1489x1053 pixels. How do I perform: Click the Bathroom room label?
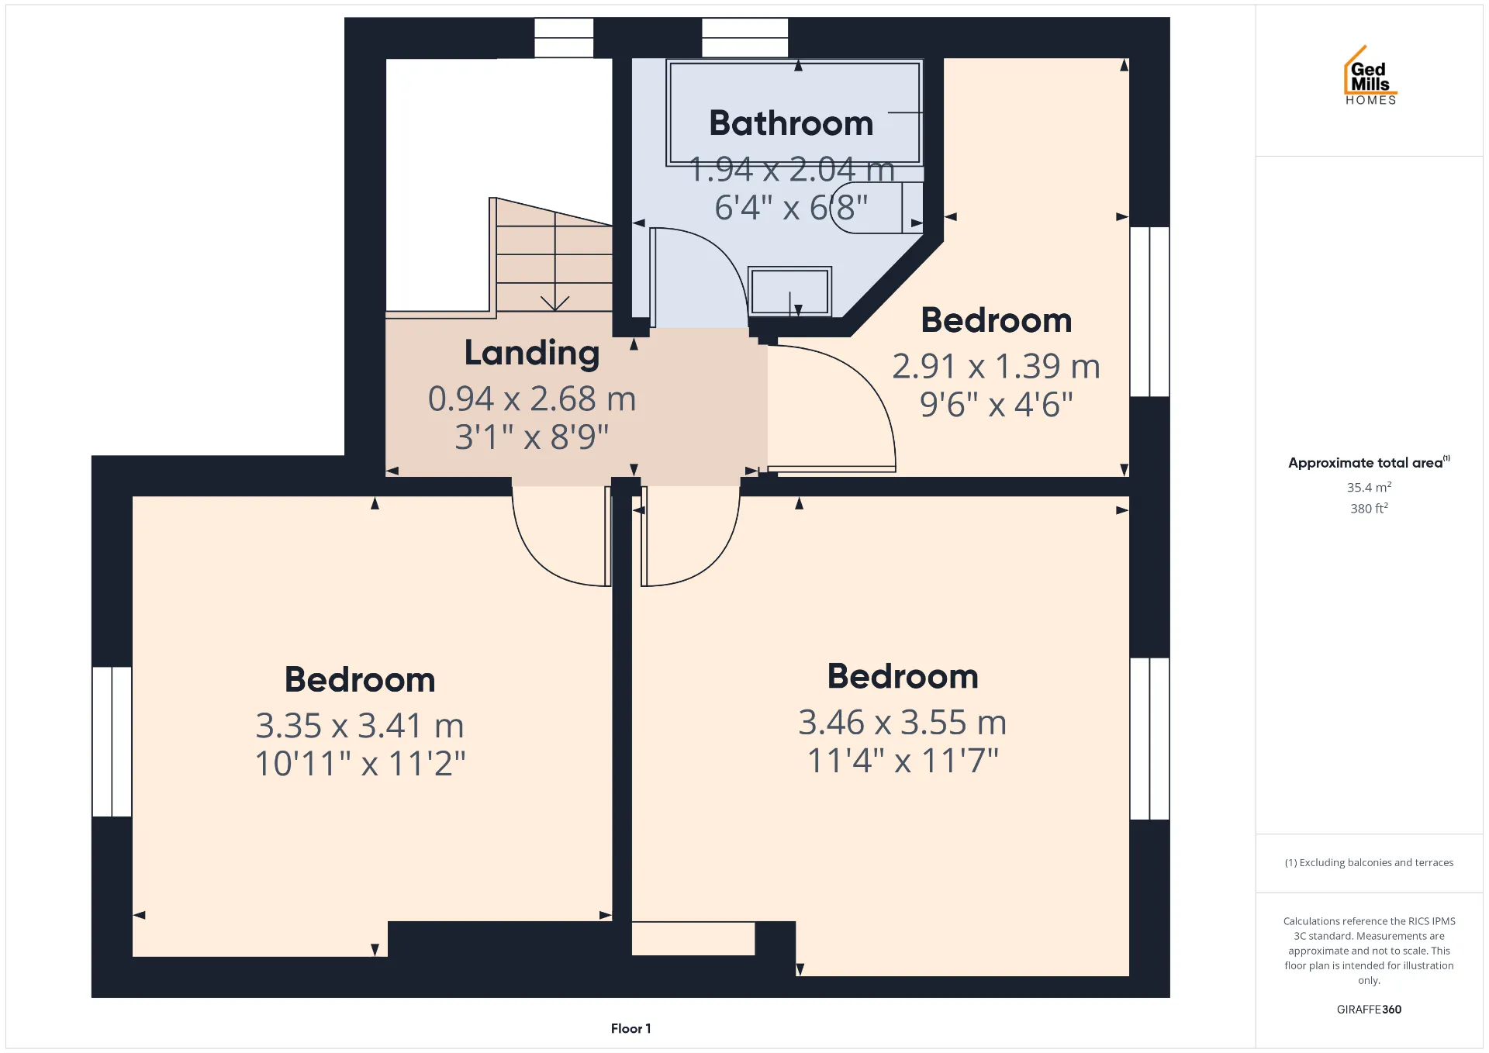pyautogui.click(x=791, y=123)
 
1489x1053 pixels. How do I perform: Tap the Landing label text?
pyautogui.click(x=532, y=353)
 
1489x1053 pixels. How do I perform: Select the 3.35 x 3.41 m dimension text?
pyautogui.click(x=360, y=726)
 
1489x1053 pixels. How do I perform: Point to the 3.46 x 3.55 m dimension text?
pyautogui.click(x=903, y=723)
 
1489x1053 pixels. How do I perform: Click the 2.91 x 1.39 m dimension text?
pyautogui.click(x=997, y=366)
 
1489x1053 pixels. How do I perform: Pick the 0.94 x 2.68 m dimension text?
pyautogui.click(x=532, y=399)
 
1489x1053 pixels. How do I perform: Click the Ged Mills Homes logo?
pyautogui.click(x=1370, y=74)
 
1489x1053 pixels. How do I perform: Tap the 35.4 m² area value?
pyautogui.click(x=1369, y=487)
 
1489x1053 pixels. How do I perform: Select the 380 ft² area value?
pyautogui.click(x=1369, y=508)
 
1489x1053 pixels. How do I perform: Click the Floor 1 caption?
pyautogui.click(x=630, y=1028)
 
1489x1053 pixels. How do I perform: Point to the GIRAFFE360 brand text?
pyautogui.click(x=1369, y=1009)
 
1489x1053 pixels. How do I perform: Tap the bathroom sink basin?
pyautogui.click(x=789, y=291)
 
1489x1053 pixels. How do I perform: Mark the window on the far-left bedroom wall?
pyautogui.click(x=112, y=741)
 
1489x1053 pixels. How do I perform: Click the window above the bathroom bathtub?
pyautogui.click(x=744, y=37)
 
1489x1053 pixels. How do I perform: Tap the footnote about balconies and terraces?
pyautogui.click(x=1369, y=862)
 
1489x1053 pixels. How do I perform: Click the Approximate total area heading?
pyautogui.click(x=1369, y=462)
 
